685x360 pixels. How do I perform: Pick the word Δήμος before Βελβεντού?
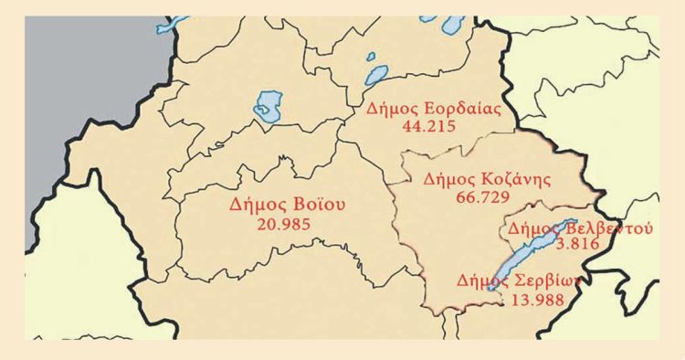point(532,228)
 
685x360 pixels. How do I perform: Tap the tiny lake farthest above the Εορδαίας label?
point(372,58)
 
